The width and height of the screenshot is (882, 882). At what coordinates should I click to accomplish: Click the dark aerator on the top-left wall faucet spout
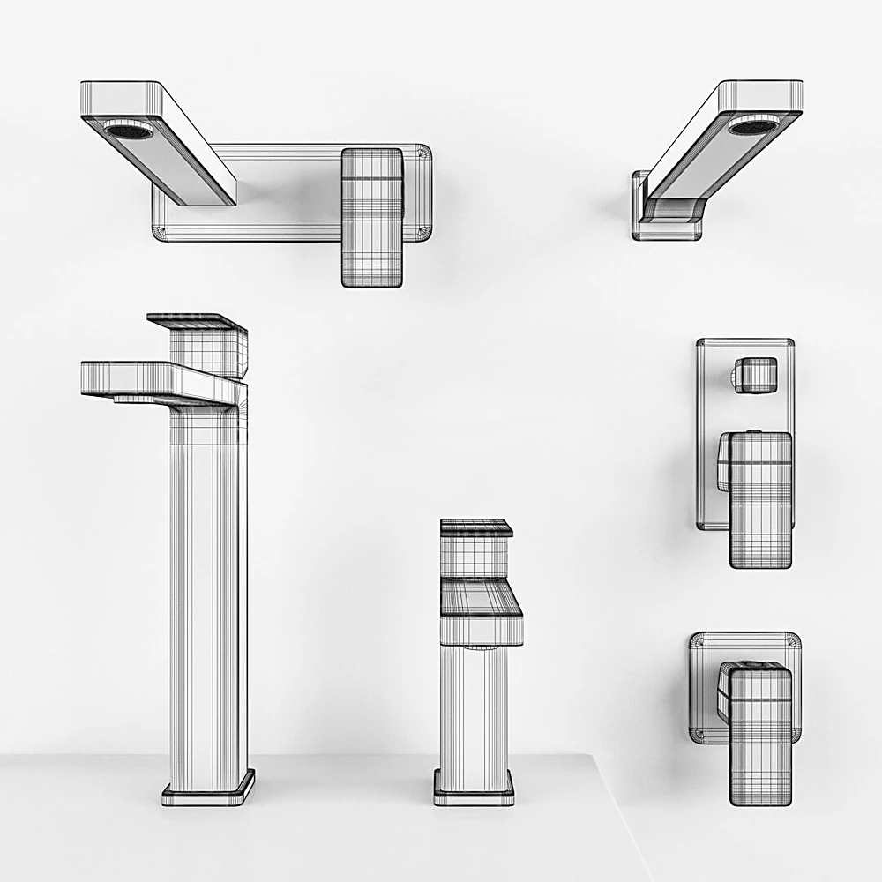(x=129, y=131)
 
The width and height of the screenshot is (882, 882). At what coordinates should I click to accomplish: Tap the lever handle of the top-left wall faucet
(x=371, y=216)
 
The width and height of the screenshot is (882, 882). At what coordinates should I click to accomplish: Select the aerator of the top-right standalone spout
(x=752, y=126)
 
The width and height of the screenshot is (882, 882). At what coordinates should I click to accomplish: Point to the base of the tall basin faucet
(x=208, y=788)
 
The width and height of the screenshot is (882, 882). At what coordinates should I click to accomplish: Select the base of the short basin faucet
(x=474, y=787)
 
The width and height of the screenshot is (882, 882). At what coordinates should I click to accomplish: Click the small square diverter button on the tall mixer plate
(x=757, y=375)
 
